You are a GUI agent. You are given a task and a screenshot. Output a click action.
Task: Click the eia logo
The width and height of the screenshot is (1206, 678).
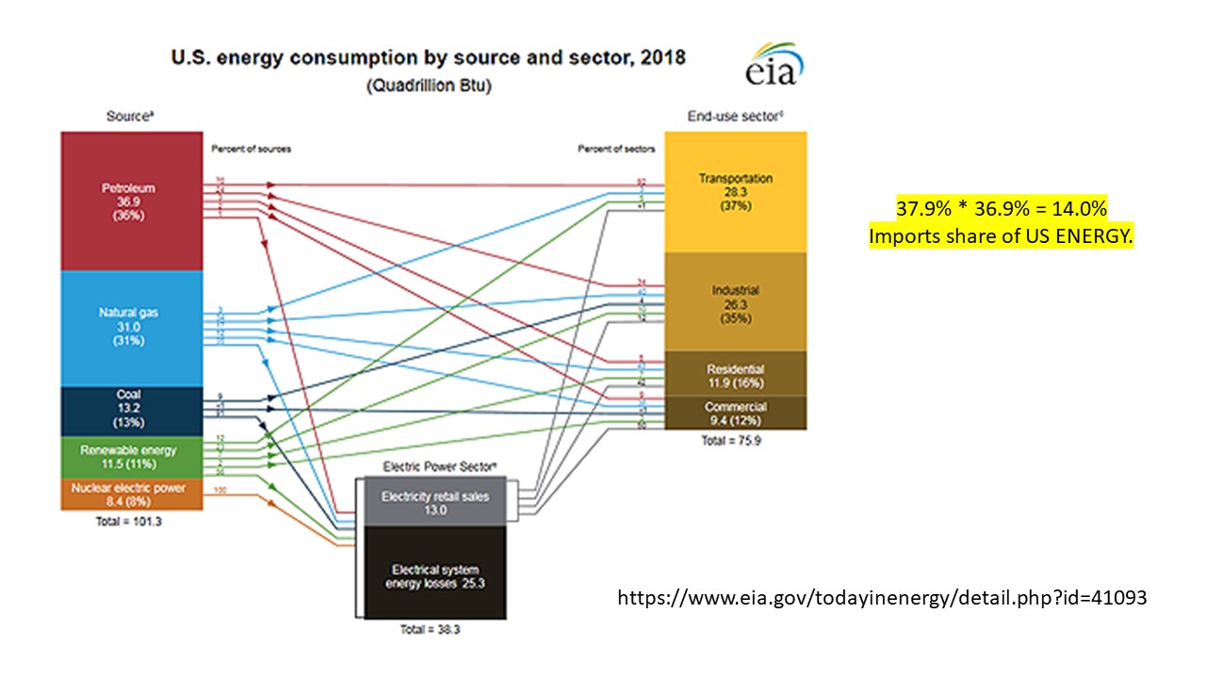coord(774,66)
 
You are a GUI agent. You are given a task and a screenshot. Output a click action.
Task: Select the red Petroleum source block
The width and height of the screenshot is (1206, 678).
coord(129,201)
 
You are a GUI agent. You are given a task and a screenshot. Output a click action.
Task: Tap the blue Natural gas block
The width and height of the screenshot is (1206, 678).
coord(129,328)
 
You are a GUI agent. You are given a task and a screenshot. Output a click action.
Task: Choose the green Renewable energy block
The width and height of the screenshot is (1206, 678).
coord(129,457)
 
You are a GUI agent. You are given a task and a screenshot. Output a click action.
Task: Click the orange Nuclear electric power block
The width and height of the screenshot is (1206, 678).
coord(129,493)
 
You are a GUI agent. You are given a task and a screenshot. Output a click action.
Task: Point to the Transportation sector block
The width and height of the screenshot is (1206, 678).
coord(736,192)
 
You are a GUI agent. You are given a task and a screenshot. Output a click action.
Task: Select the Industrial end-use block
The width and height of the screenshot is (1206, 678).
coord(736,303)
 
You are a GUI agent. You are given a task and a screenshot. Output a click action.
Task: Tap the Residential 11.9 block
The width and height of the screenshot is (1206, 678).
coord(736,375)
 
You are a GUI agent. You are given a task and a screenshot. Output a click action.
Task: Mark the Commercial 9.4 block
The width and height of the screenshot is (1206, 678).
coord(736,412)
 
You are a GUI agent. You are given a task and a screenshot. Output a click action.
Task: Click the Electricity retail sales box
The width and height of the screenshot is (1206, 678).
coord(434,502)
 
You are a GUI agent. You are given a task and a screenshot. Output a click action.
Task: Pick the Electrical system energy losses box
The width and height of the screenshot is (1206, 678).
coord(434,574)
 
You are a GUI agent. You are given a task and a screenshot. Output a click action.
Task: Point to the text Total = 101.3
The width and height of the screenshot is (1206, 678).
coord(129,522)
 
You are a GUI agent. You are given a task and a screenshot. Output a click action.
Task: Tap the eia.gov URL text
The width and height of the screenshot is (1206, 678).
coord(882,597)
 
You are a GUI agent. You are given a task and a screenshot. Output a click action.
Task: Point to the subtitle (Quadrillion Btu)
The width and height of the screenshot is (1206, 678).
coord(428,86)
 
